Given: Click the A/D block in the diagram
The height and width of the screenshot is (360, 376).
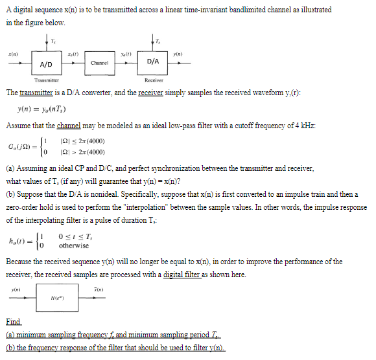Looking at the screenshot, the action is click(x=46, y=64).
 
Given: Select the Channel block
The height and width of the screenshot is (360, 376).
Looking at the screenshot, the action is click(x=99, y=63).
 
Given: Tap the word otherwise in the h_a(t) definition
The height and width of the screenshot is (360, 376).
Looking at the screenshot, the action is click(x=74, y=245).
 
